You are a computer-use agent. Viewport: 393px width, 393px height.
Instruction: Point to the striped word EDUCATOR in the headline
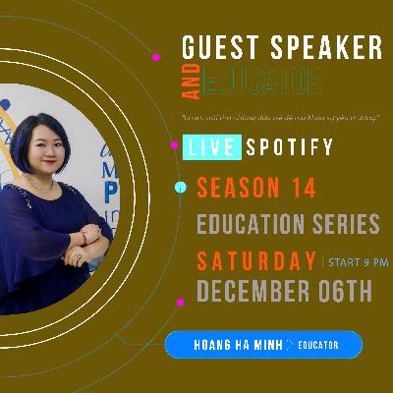[x=260, y=80]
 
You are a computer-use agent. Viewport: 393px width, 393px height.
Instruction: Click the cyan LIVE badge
[x=208, y=148]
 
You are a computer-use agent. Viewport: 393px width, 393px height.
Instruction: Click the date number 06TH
[x=350, y=292]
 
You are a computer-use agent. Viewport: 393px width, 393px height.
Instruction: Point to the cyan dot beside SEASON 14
[x=180, y=187]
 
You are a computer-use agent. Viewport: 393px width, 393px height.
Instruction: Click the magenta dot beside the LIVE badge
[x=175, y=144]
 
